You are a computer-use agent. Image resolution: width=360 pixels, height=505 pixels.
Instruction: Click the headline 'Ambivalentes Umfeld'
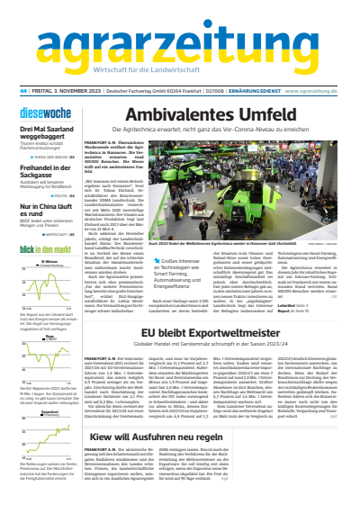[x=212, y=116]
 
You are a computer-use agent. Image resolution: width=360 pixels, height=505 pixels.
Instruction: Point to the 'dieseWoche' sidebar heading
[x=39, y=113]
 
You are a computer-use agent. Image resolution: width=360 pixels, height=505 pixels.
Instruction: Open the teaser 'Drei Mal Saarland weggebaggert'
[x=45, y=133]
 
